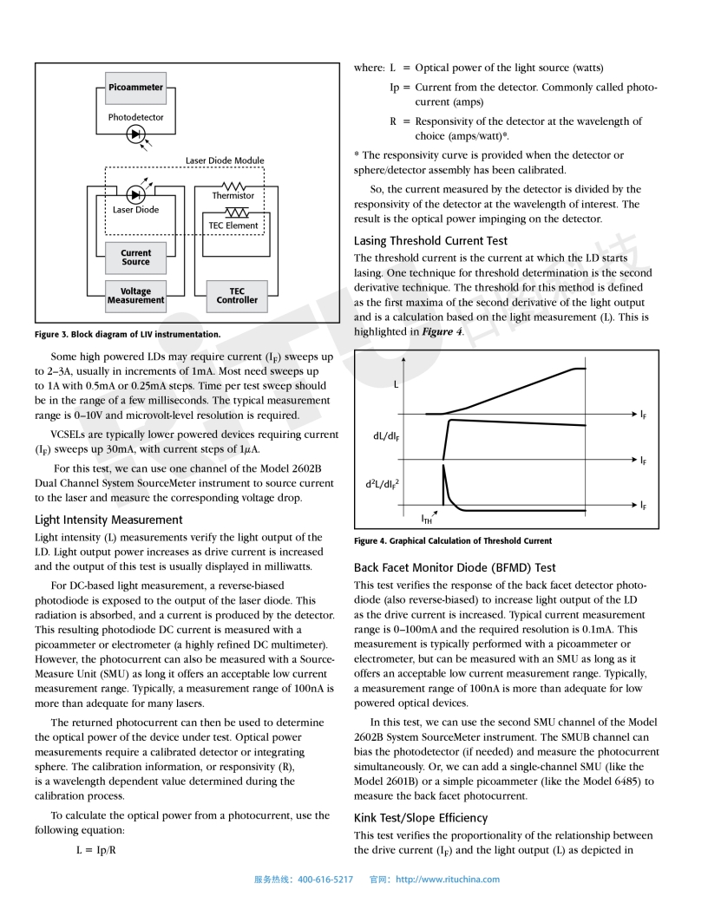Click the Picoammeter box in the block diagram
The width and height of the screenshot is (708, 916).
[x=135, y=88]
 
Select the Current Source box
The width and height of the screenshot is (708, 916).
[x=135, y=258]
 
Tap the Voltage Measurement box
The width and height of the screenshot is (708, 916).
[x=135, y=296]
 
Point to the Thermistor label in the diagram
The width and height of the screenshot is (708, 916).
[x=233, y=196]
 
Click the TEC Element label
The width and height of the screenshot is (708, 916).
[x=233, y=226]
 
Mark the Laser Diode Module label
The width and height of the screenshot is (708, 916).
[x=225, y=160]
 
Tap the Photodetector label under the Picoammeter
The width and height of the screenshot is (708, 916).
[x=135, y=117]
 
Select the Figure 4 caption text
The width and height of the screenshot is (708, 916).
[x=453, y=540]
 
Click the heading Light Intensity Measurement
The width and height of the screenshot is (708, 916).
[x=108, y=520]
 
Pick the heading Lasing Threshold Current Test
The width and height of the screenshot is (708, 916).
[x=430, y=240]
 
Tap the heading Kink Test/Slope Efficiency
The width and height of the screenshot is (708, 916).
[x=421, y=817]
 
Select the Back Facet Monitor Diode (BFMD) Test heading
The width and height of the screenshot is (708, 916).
[x=455, y=567]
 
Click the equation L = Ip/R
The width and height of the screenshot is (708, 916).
[x=95, y=849]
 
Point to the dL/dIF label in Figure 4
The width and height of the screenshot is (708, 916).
[x=386, y=435]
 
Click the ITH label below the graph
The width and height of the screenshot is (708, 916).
[x=427, y=520]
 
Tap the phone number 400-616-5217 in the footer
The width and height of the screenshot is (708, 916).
[x=325, y=880]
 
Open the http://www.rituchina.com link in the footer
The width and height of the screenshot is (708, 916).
[x=448, y=880]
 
